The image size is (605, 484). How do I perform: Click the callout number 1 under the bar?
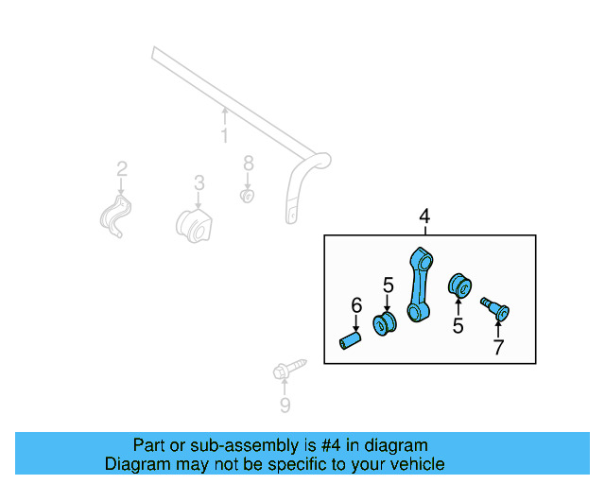point(225,137)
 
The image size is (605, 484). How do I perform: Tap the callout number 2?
point(122,169)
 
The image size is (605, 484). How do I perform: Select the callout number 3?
point(199,181)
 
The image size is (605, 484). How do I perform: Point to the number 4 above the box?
point(424,217)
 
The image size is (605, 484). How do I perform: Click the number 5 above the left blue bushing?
point(388,284)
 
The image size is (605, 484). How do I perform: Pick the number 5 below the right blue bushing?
point(458,326)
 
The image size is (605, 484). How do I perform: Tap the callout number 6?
point(356,304)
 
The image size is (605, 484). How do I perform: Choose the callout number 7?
point(498,348)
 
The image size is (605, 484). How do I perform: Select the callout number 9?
point(285,406)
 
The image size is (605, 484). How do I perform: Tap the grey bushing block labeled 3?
point(195,226)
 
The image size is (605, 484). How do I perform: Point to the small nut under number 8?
point(247,196)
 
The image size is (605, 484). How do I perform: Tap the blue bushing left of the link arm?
point(386,324)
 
